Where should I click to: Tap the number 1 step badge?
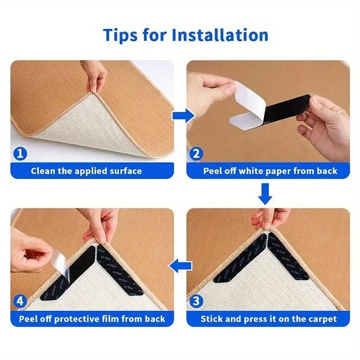coord(19,154)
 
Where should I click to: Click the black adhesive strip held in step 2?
coord(288,108)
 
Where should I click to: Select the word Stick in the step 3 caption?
coord(212,319)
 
